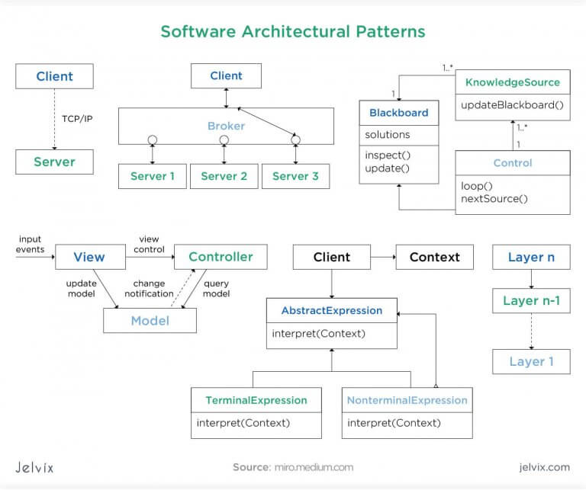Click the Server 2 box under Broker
point(224,177)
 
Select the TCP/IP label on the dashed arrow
point(77,119)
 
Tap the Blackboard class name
point(398,113)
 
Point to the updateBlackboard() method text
point(512,105)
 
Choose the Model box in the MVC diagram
point(150,321)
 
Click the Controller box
point(221,257)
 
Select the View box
point(89,257)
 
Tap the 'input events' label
point(31,244)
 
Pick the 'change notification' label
point(149,289)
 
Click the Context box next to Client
point(434,257)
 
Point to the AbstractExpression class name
point(331,311)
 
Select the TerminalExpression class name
point(256,400)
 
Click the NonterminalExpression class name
point(407,400)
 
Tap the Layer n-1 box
point(531,301)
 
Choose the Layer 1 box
point(531,361)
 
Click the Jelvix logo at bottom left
point(34,466)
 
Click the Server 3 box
point(295,177)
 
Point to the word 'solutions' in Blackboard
point(388,135)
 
